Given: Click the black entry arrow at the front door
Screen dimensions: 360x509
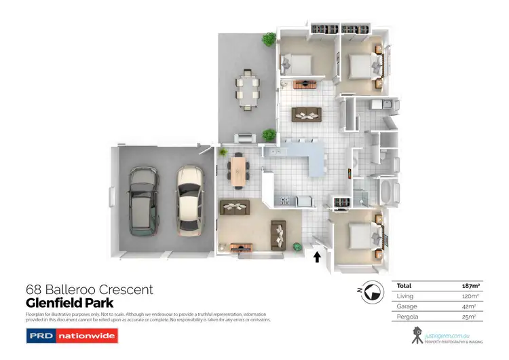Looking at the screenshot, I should (316, 256).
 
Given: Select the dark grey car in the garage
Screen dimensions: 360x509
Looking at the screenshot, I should (142, 200).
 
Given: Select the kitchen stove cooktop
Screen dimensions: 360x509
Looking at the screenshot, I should (284, 200).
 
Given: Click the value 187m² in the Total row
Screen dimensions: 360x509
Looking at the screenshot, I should (461, 287).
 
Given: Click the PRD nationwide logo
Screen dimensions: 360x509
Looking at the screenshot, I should (71, 336).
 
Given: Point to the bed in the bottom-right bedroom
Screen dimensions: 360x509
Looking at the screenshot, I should (360, 238).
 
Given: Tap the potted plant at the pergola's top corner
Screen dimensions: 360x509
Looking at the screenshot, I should (270, 40).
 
